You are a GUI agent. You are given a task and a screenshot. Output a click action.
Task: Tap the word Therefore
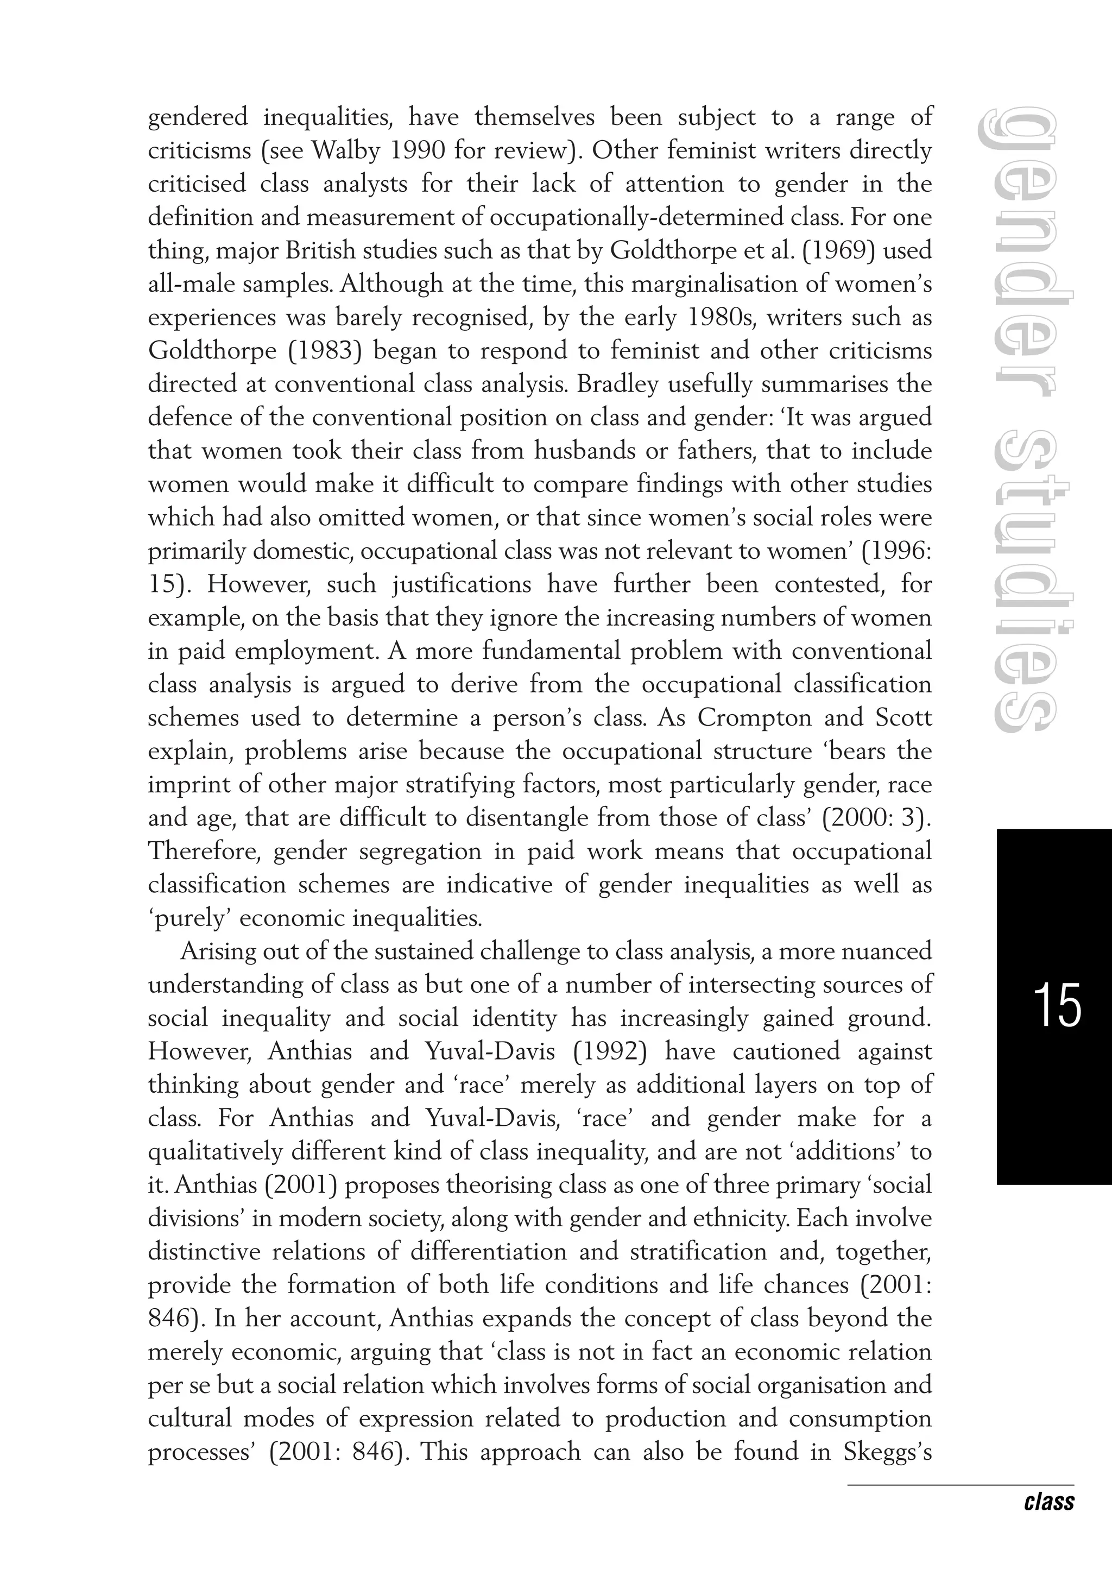point(204,852)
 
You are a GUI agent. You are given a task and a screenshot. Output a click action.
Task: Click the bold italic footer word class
point(1048,1502)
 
